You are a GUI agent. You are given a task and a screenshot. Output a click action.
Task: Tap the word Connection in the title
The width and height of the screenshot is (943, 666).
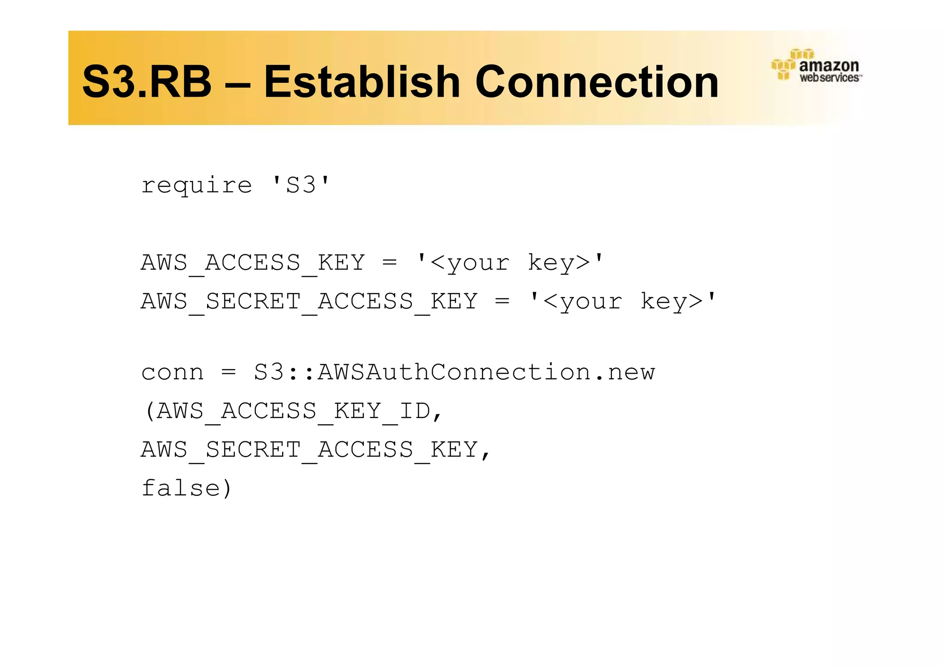pyautogui.click(x=597, y=82)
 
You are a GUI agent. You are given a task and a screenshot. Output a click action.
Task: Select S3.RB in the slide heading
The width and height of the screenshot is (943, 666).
pyautogui.click(x=146, y=82)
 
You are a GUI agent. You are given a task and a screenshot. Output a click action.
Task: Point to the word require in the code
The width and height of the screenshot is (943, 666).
pyautogui.click(x=197, y=185)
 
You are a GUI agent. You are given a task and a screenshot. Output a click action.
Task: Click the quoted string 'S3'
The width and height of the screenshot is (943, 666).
pyautogui.click(x=301, y=185)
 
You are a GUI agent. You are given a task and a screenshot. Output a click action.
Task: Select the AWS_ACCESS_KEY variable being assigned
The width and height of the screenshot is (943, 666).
pyautogui.click(x=253, y=263)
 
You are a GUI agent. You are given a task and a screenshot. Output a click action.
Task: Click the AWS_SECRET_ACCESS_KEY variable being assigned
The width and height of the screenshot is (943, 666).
pyautogui.click(x=309, y=301)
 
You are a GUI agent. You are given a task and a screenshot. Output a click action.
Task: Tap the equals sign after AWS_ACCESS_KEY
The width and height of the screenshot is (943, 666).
pyautogui.click(x=389, y=263)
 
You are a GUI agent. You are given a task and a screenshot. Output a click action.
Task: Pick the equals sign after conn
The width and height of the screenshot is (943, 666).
pyautogui.click(x=228, y=372)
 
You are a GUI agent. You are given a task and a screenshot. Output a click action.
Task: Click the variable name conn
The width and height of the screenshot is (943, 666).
pyautogui.click(x=172, y=372)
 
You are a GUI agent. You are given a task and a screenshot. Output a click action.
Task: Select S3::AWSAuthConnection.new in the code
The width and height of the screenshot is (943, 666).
pyautogui.click(x=454, y=372)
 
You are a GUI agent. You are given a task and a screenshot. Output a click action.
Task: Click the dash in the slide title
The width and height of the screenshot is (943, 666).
pyautogui.click(x=238, y=83)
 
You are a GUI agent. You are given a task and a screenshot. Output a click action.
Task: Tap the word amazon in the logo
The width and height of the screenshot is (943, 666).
pyautogui.click(x=829, y=66)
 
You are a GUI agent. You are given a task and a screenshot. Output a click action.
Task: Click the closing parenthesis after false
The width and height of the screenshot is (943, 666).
pyautogui.click(x=226, y=489)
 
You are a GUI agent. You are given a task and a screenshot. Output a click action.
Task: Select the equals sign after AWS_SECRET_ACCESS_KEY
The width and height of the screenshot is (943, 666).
pyautogui.click(x=502, y=301)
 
